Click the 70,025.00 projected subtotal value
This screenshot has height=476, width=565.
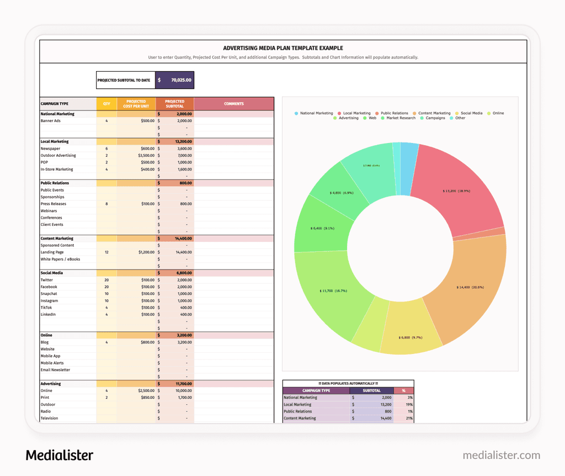180,80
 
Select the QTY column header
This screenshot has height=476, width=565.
106,104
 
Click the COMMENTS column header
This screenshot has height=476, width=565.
233,104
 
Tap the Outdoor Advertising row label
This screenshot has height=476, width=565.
58,156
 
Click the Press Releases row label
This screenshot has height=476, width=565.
54,204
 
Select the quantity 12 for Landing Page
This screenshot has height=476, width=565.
106,252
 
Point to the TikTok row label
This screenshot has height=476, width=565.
46,308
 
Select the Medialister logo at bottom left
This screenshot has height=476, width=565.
60,455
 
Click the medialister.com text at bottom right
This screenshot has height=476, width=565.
501,456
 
